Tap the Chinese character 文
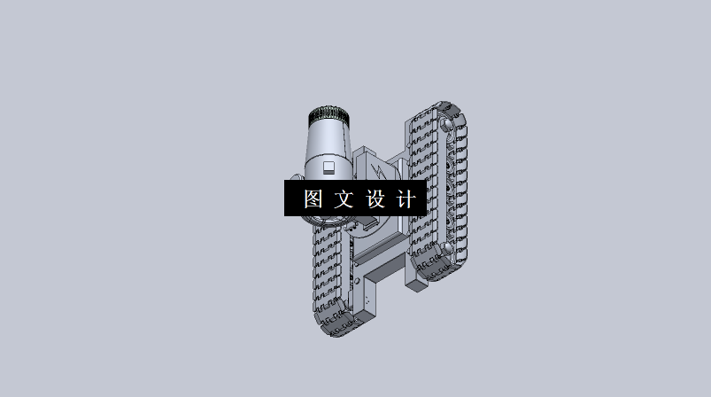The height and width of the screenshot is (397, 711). tap(343, 198)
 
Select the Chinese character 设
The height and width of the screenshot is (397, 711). tap(375, 198)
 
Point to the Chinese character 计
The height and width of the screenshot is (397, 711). tap(405, 198)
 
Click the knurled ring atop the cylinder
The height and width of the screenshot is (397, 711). tap(328, 115)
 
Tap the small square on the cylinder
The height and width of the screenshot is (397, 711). tap(328, 167)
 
